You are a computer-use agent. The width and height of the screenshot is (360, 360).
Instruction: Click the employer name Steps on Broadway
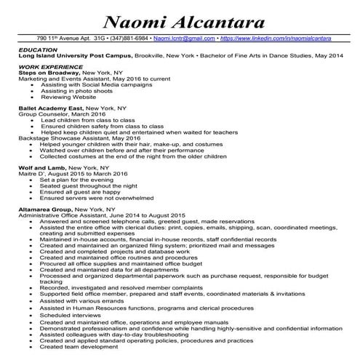[48, 73]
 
